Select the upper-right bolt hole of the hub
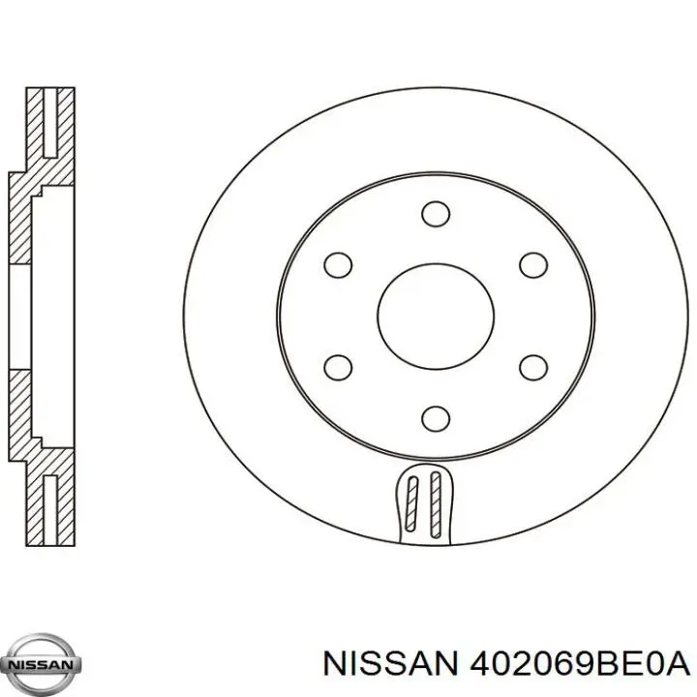(x=531, y=263)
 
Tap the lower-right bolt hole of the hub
(x=531, y=367)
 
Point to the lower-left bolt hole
(x=337, y=367)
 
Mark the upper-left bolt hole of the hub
(x=337, y=263)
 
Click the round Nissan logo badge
(x=42, y=665)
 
